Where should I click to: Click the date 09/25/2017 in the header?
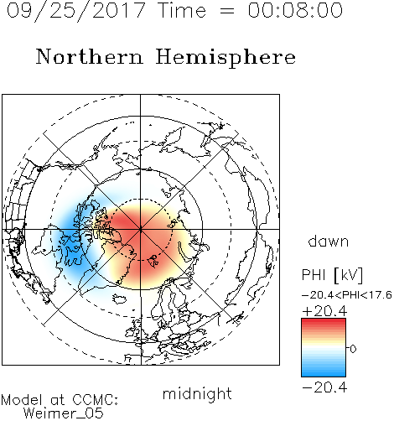[x=76, y=11]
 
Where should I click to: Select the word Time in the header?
[x=182, y=10]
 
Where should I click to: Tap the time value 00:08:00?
[x=295, y=10]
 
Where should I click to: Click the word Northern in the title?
[x=90, y=56]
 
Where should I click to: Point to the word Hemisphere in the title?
[x=226, y=57]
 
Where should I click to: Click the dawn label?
[x=329, y=242]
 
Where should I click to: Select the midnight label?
[x=197, y=395]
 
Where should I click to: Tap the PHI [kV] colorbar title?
[x=332, y=275]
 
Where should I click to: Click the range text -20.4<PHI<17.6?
[x=347, y=295]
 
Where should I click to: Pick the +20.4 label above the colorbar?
[x=324, y=311]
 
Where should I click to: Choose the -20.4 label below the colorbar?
[x=324, y=387]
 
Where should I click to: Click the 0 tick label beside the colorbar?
[x=353, y=349]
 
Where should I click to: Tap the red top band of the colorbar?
[x=324, y=322]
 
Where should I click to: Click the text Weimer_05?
[x=63, y=413]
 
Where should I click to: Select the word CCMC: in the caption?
[x=96, y=400]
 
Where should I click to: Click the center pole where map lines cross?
[x=140, y=229]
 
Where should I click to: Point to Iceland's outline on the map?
[x=119, y=299]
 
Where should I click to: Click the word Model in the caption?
[x=22, y=400]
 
